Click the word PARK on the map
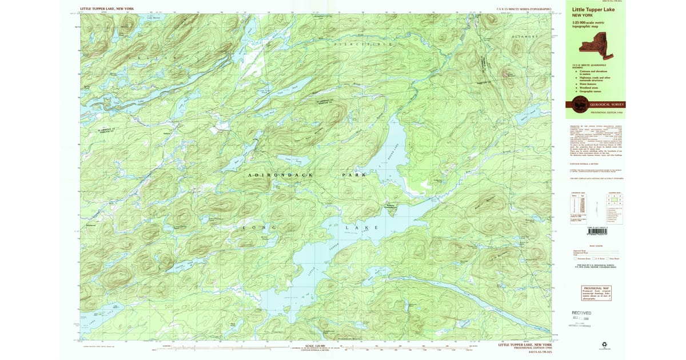tap(353, 174)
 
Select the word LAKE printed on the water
tap(360, 227)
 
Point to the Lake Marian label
tap(154, 18)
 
